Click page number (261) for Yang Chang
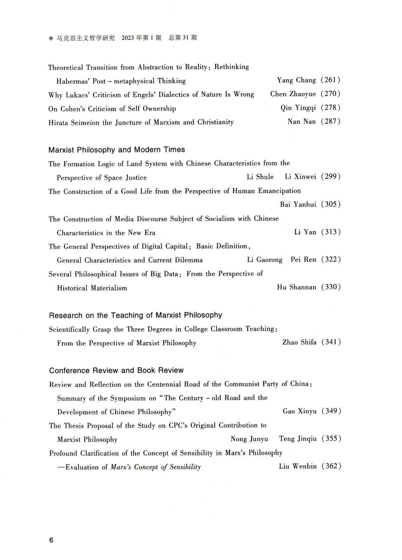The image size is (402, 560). (330, 80)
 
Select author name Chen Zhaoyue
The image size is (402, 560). (293, 94)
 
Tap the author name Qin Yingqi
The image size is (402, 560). (298, 108)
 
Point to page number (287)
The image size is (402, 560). (330, 122)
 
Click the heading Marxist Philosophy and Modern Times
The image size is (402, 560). (117, 150)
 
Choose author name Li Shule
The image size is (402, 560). (260, 177)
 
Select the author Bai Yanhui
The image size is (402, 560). (298, 204)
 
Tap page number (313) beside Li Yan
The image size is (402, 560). (331, 232)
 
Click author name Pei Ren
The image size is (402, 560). (303, 260)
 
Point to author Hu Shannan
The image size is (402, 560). (296, 287)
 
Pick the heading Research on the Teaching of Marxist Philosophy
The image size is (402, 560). (136, 315)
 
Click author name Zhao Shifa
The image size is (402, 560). (299, 343)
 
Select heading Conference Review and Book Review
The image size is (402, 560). (116, 371)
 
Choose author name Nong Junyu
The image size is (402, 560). (249, 439)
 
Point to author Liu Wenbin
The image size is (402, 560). (298, 466)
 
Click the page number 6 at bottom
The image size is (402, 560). (51, 540)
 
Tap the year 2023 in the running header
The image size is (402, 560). (128, 38)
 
